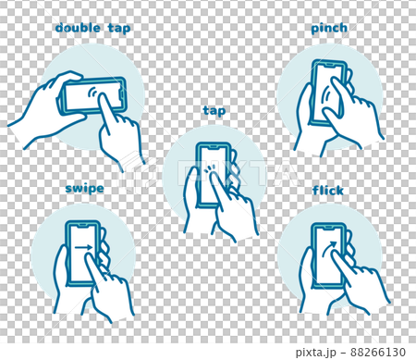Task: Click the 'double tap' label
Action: (x=92, y=28)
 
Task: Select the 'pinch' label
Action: (x=329, y=29)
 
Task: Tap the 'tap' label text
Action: (x=214, y=111)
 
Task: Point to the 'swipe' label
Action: (x=84, y=189)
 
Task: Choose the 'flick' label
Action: (x=328, y=191)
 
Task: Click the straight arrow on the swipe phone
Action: (x=83, y=247)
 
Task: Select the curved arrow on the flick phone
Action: (x=328, y=248)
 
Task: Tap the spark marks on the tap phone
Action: (x=210, y=168)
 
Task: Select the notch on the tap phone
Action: (x=214, y=147)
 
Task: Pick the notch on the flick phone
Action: (x=328, y=228)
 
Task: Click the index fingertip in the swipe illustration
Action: (x=89, y=255)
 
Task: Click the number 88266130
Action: (x=378, y=352)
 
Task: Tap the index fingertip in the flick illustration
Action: (x=335, y=254)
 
